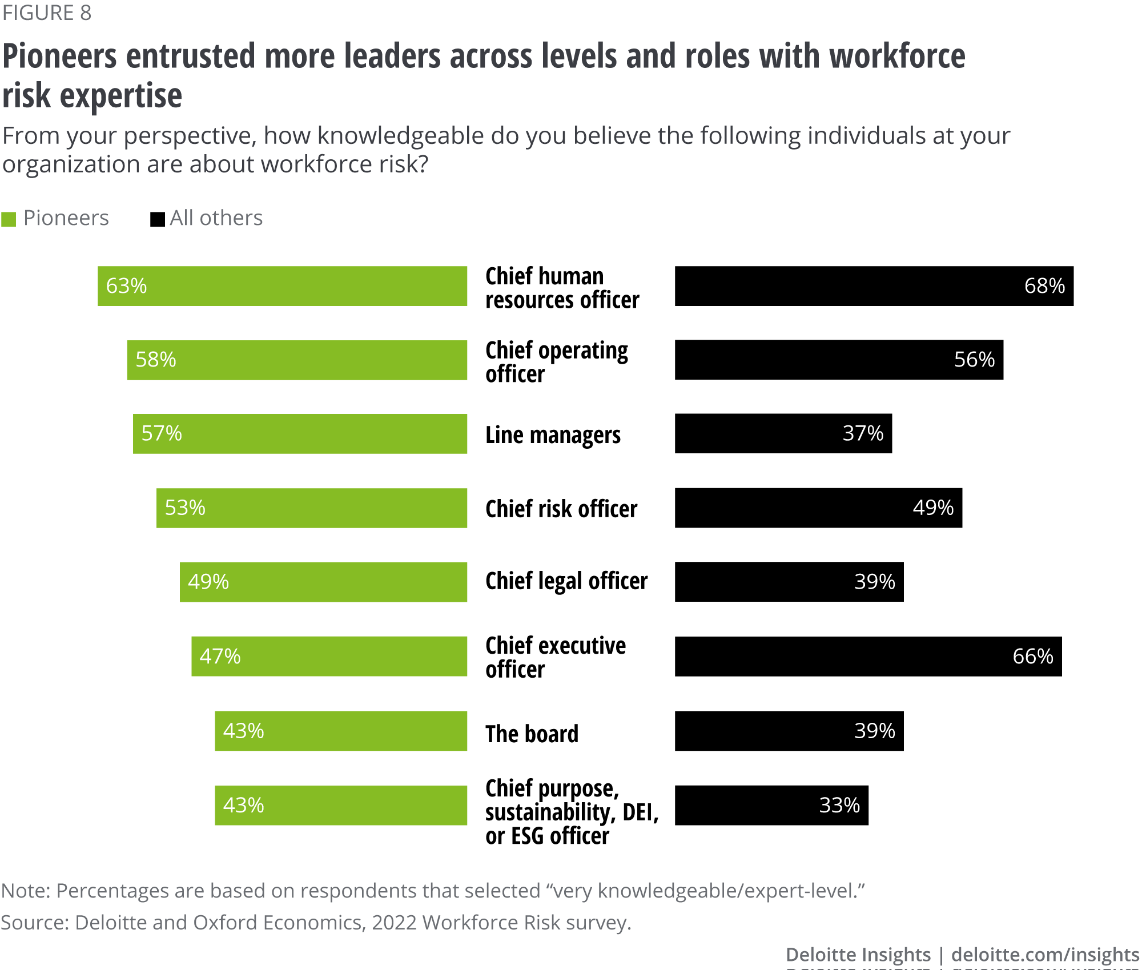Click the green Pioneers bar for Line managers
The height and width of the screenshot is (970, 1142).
[300, 434]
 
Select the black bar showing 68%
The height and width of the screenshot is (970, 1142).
[874, 286]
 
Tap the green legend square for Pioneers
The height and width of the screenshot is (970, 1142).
[9, 219]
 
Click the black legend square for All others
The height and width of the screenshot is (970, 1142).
[157, 219]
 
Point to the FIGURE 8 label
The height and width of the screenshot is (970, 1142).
[47, 13]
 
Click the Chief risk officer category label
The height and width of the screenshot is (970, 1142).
[561, 509]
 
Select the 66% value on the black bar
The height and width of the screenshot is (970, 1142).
[1032, 657]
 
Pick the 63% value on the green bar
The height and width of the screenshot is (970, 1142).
[126, 286]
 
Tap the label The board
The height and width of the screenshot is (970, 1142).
[532, 734]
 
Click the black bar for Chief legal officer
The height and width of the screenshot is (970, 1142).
[789, 582]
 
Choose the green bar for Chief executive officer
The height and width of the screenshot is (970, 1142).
[329, 657]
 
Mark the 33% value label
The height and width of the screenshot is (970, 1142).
[839, 806]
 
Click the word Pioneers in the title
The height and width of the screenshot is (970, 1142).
[60, 57]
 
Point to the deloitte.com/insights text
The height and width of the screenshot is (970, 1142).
[1045, 955]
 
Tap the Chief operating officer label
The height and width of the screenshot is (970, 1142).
[557, 362]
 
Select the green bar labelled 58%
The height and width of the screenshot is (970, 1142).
[297, 360]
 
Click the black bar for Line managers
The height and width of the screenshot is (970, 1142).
[783, 434]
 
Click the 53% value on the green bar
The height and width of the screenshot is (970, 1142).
[185, 508]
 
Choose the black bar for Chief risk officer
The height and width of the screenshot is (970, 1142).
[818, 508]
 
